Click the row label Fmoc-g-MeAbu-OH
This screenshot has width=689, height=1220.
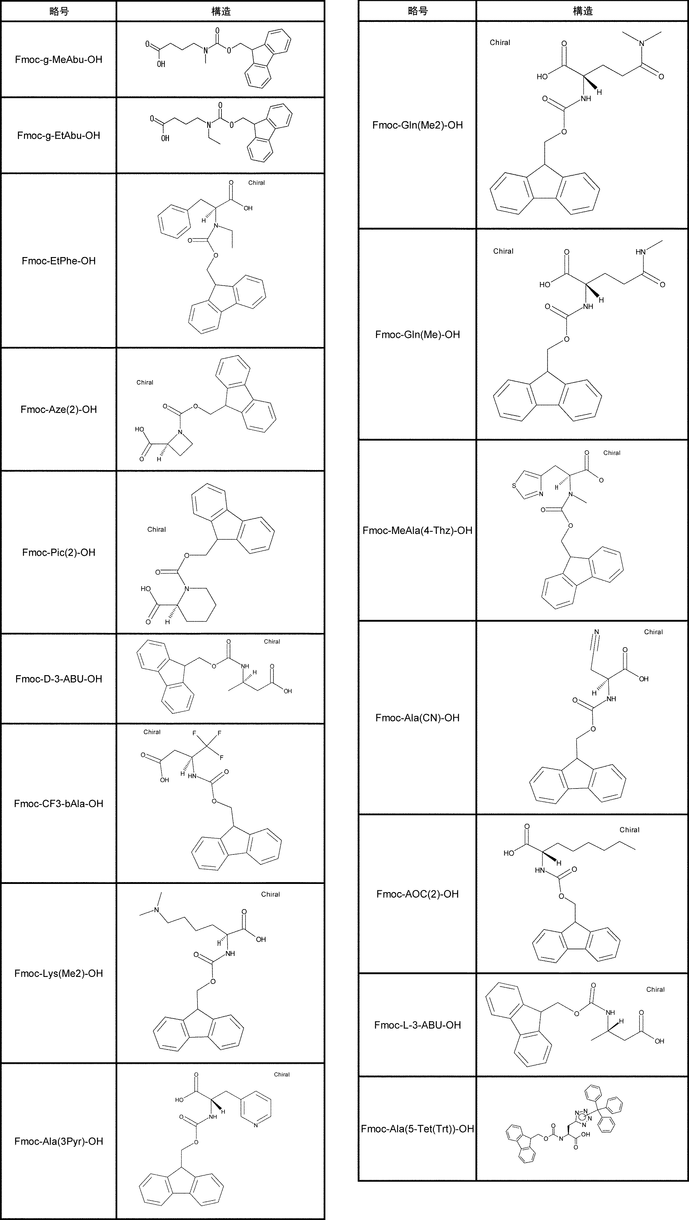[58, 60]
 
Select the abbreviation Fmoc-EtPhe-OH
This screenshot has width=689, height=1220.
[58, 261]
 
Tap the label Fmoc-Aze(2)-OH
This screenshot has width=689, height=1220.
[58, 410]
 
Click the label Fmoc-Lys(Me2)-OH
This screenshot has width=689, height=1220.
[58, 973]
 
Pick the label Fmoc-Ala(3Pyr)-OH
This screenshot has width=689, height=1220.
[58, 1141]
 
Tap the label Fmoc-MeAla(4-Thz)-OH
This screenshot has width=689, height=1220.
[417, 531]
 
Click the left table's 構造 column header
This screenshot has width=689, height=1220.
[221, 11]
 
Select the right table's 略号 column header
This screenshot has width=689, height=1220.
[417, 11]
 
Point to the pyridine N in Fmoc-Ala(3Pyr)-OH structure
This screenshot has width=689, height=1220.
[256, 1125]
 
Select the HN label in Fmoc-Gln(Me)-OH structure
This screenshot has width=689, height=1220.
[640, 252]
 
